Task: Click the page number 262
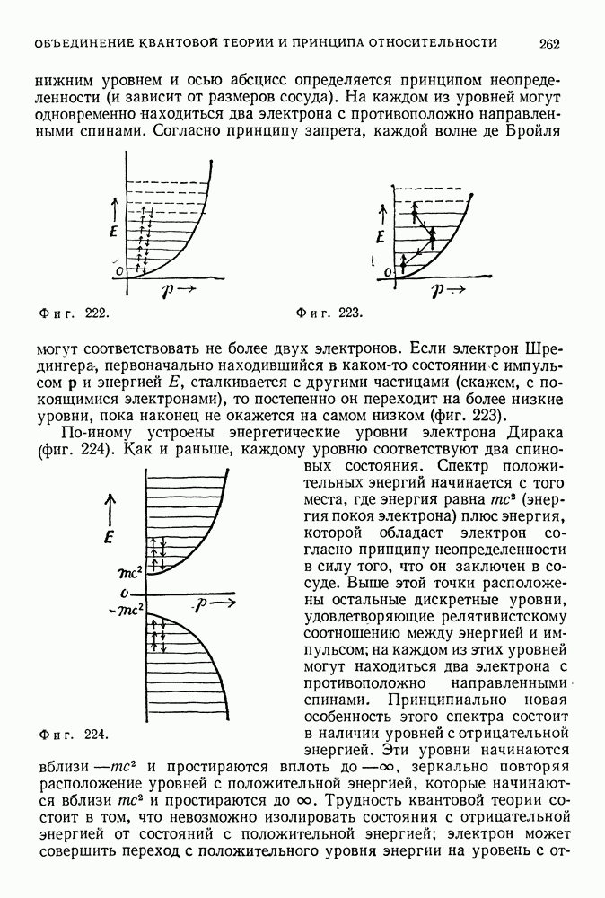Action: point(550,42)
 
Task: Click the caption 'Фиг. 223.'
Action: point(329,313)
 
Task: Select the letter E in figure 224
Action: point(110,538)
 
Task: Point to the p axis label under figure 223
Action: point(444,290)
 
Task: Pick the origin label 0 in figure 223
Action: point(387,270)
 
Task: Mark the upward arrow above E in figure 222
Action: point(111,208)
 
